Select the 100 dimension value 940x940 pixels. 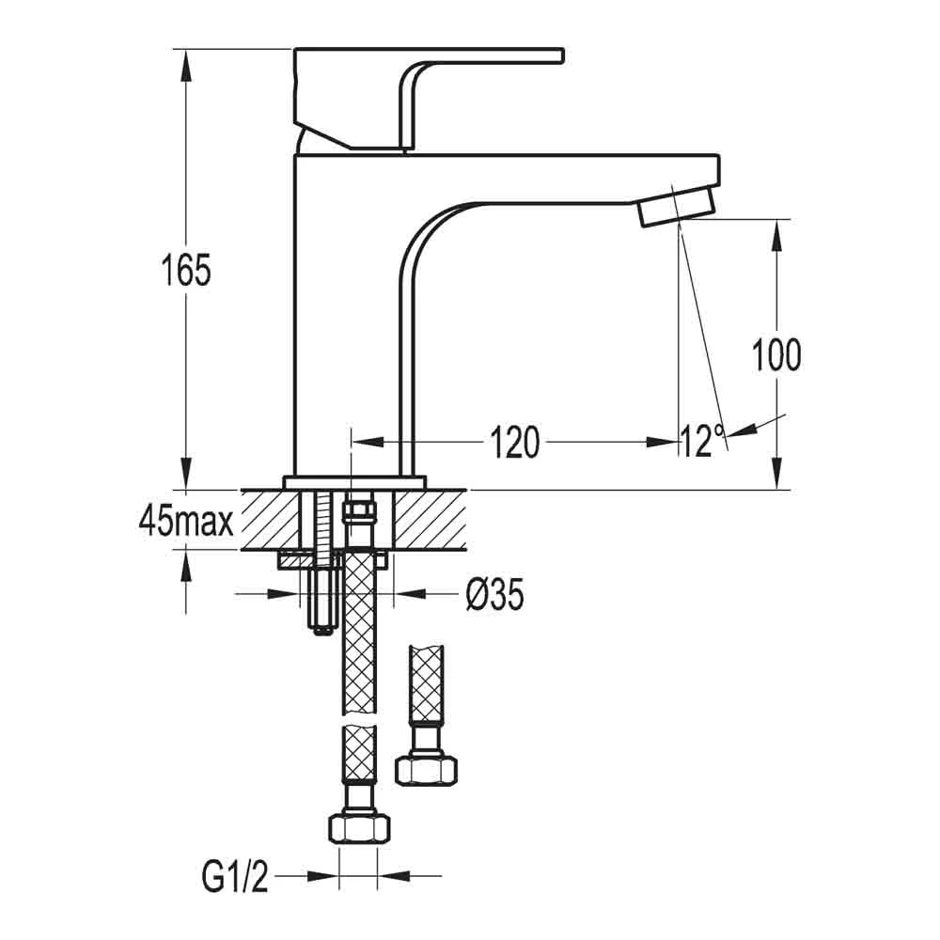(776, 355)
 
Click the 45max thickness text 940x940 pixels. (185, 520)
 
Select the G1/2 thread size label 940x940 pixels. (235, 878)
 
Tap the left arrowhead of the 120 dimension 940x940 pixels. (363, 441)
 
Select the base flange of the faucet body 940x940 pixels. (354, 482)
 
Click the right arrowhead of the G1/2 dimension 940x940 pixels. (391, 877)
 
